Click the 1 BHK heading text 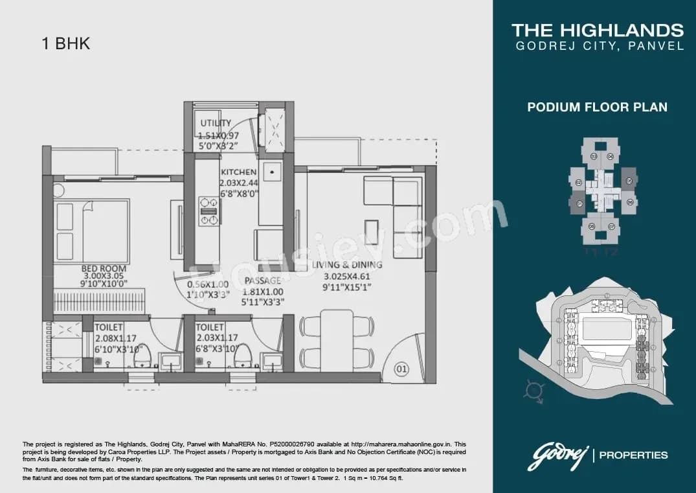point(65,44)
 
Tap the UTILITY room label point(216,123)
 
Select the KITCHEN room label point(238,172)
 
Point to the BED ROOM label point(104,268)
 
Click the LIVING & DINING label point(347,265)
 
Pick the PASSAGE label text point(263,281)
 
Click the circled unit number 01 point(402,370)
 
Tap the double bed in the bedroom point(91,231)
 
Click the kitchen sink point(271,172)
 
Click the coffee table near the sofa point(372,232)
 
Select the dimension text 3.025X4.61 point(346,276)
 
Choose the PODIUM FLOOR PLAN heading point(597,107)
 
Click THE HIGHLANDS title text point(597,30)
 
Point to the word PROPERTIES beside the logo point(633,455)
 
